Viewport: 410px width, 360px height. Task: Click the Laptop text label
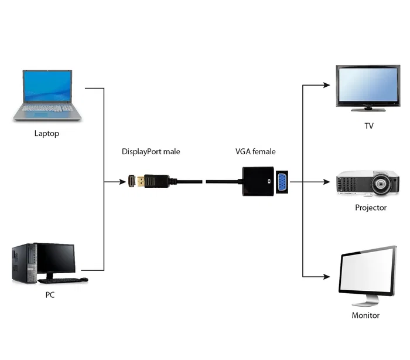pyautogui.click(x=47, y=133)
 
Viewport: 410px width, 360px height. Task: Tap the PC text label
pyautogui.click(x=50, y=295)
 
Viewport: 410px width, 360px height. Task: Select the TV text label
pyautogui.click(x=368, y=126)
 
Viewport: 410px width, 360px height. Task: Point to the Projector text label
pyautogui.click(x=370, y=208)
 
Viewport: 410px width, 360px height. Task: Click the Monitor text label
pyautogui.click(x=365, y=315)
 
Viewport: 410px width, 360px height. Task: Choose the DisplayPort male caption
pyautogui.click(x=151, y=152)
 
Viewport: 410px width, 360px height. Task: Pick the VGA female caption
pyautogui.click(x=255, y=152)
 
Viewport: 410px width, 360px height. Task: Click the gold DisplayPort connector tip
pyautogui.click(x=133, y=182)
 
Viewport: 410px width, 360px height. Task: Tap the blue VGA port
pyautogui.click(x=281, y=182)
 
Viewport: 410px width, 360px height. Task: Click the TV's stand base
pyautogui.click(x=368, y=109)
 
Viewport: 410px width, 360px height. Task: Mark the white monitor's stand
pyautogui.click(x=366, y=300)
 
